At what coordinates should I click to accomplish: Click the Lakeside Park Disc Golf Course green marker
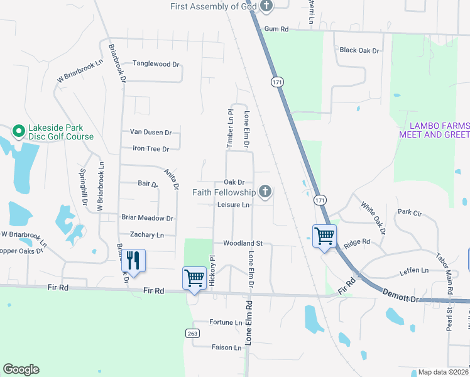tap(19, 132)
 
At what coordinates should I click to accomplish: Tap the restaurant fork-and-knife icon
tap(134, 260)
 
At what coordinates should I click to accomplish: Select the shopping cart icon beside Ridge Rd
tap(325, 237)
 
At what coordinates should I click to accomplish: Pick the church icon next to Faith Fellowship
tap(265, 192)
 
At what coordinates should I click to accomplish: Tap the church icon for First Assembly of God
tap(267, 7)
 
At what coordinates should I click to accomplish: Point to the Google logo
tap(21, 369)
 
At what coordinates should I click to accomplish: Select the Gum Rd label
tap(276, 29)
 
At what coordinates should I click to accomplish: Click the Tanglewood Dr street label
tap(156, 64)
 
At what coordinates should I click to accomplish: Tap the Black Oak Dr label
tap(359, 50)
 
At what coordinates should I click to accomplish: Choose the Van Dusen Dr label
tap(150, 133)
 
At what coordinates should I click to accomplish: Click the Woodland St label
tap(242, 243)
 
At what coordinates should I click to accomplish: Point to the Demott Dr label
tap(400, 293)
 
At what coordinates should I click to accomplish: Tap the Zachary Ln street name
tap(146, 235)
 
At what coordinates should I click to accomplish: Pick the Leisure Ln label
tap(233, 205)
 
